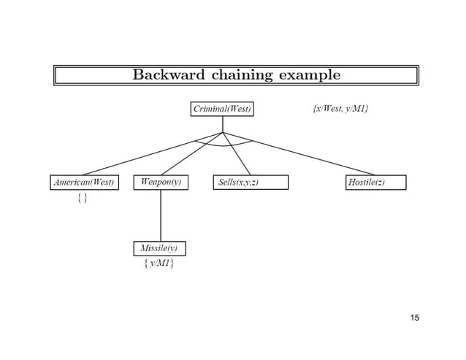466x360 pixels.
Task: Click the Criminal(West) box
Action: [222, 110]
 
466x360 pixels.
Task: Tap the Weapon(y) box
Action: [160, 181]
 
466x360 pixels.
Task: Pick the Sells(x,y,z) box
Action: [250, 182]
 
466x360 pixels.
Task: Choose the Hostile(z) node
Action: [375, 182]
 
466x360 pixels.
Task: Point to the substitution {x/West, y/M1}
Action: [340, 110]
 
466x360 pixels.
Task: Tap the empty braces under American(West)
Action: [83, 199]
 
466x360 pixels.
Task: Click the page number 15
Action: [415, 317]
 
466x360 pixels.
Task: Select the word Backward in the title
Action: [167, 74]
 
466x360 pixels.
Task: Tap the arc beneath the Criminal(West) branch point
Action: [223, 146]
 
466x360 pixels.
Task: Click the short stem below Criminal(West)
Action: [222, 124]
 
